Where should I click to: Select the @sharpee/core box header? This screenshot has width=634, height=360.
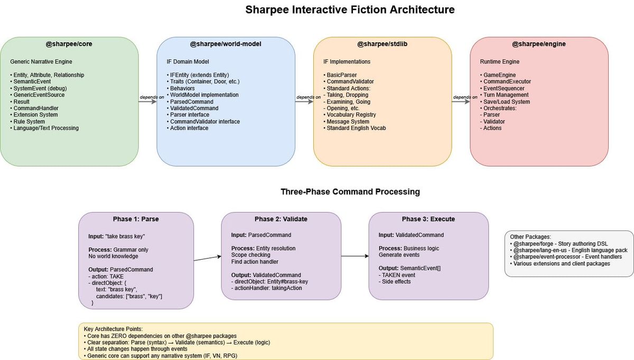[x=69, y=44]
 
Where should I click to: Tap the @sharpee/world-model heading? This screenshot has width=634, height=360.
[x=226, y=44]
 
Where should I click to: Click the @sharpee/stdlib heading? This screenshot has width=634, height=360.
[x=382, y=44]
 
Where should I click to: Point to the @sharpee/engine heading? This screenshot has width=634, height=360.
[x=539, y=44]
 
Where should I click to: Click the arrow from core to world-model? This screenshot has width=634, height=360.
[x=148, y=102]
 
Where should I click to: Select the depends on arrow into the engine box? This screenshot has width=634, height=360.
[x=461, y=102]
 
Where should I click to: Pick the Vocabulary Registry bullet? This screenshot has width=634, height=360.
[x=351, y=115]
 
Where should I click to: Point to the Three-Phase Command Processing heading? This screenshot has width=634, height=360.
[x=350, y=192]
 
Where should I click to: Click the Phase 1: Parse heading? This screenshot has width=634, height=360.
[x=136, y=219]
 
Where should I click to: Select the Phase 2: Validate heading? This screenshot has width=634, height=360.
[x=281, y=219]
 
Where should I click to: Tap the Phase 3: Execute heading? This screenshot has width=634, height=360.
[x=428, y=219]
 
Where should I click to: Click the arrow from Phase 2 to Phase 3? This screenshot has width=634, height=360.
[x=355, y=256]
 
